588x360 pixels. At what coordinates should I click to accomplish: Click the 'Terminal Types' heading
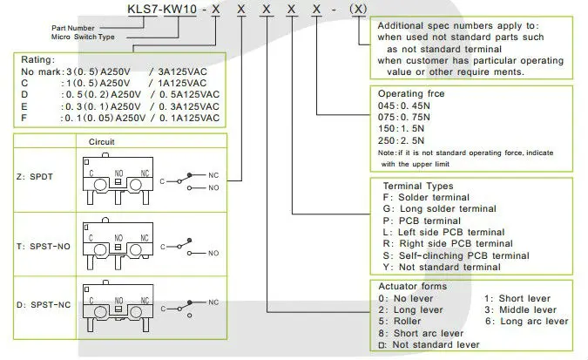point(419,186)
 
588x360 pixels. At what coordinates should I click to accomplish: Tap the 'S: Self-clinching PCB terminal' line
point(456,255)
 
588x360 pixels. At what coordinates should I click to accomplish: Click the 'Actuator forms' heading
point(414,286)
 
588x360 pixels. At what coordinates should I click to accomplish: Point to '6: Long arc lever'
point(526,321)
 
